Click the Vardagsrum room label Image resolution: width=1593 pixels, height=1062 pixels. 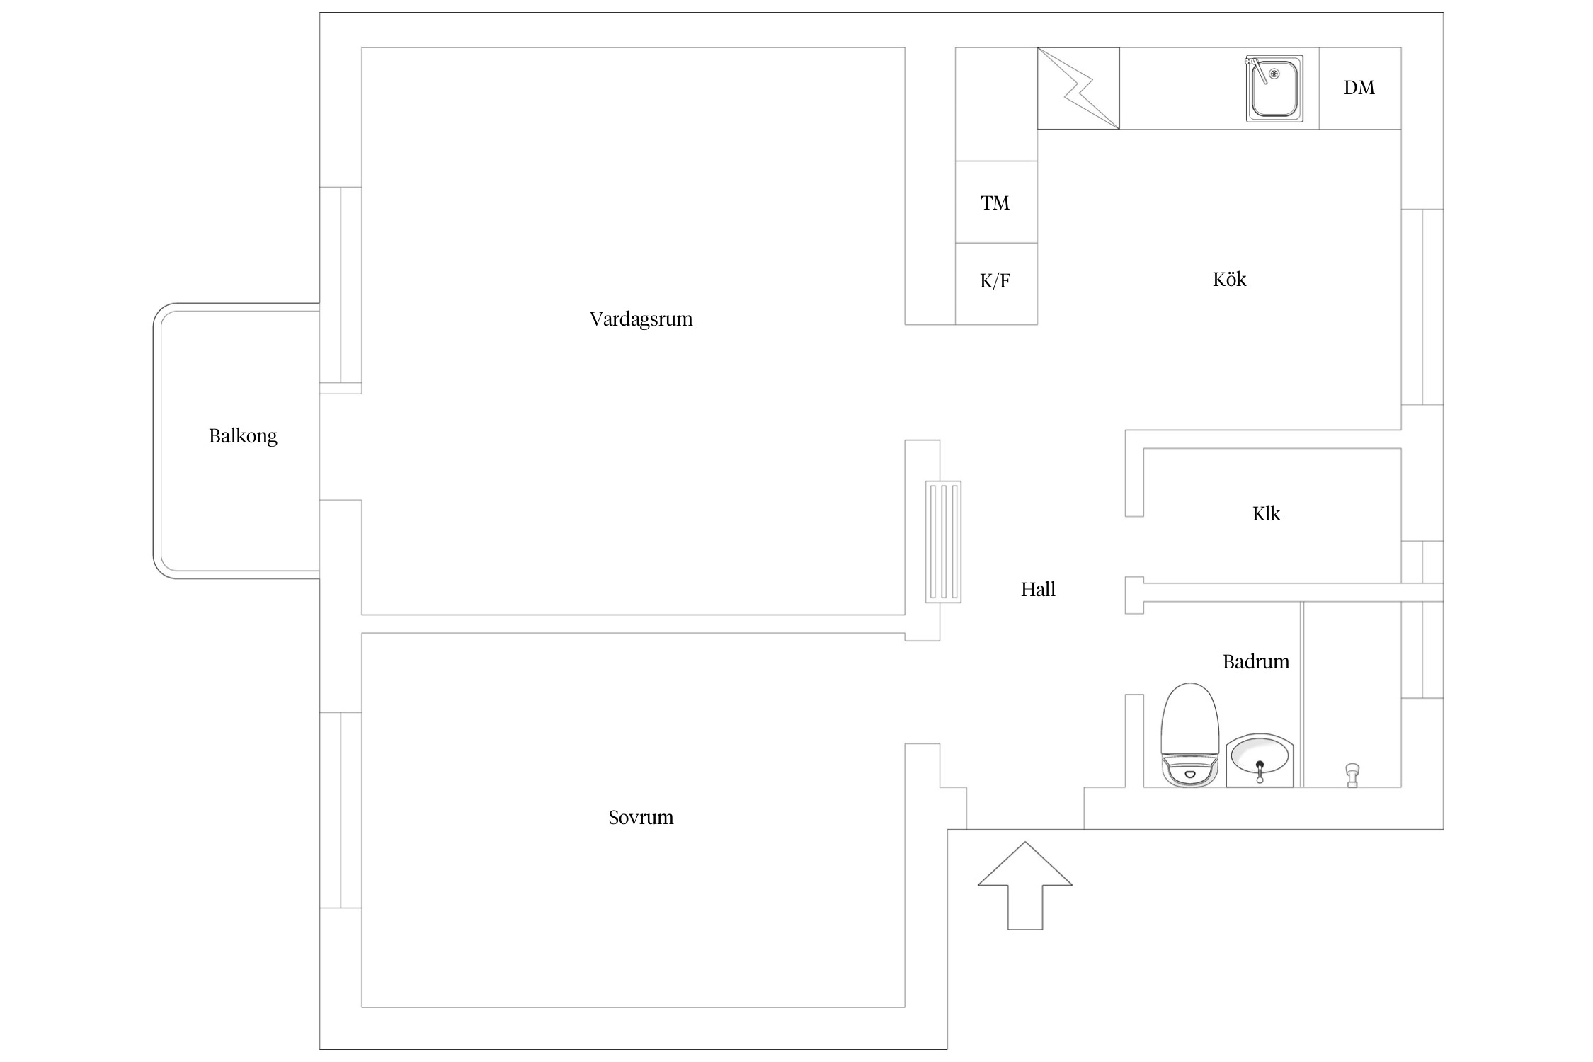point(641,319)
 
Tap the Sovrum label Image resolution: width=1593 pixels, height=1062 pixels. point(641,818)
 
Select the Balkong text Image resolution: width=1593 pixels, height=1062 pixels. point(243,436)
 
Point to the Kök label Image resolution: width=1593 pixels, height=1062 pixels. point(1229,280)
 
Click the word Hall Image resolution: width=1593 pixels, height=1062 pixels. point(1038,590)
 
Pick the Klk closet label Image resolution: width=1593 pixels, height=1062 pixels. point(1266,514)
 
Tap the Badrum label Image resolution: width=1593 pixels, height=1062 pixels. point(1256,662)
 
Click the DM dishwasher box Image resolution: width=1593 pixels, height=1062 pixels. point(1359,88)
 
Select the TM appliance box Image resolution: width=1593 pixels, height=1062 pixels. point(995,202)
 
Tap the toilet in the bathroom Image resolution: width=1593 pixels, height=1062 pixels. point(1189,736)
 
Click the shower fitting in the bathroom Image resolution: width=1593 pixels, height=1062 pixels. point(1352,775)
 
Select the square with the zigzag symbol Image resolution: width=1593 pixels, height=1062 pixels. point(1078,88)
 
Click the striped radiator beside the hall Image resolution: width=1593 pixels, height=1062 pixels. point(943,542)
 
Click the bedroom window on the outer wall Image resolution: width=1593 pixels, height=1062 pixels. point(341,810)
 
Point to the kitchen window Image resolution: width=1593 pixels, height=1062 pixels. point(1422,307)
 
